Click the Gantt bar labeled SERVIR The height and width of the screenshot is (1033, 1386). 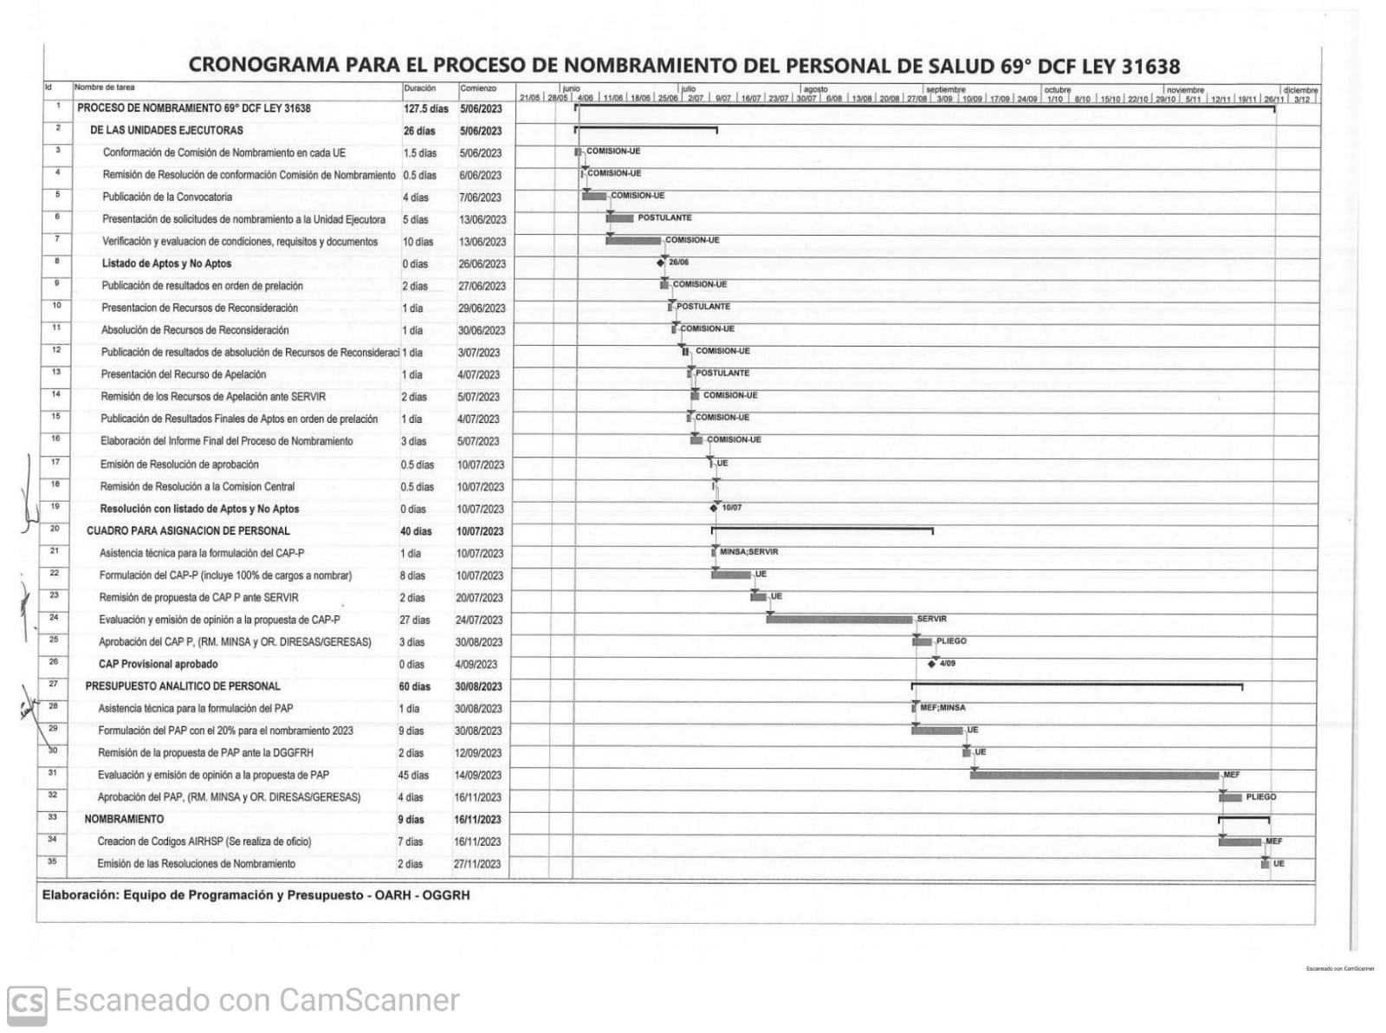pyautogui.click(x=839, y=620)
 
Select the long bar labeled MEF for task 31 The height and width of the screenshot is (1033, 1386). pyautogui.click(x=1094, y=775)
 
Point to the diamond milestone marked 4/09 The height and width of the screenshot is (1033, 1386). pyautogui.click(x=932, y=664)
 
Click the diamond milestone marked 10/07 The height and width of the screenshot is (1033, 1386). pyautogui.click(x=714, y=508)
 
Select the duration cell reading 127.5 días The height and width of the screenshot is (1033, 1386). pyautogui.click(x=426, y=109)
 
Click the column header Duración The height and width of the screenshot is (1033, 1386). pyautogui.click(x=420, y=88)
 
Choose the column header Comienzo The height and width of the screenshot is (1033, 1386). pyautogui.click(x=479, y=88)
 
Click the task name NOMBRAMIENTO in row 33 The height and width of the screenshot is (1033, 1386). pyautogui.click(x=124, y=819)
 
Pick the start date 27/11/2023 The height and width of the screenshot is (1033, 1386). pyautogui.click(x=477, y=864)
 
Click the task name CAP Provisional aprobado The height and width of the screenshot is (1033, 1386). pyautogui.click(x=159, y=665)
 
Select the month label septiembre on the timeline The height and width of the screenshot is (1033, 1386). pyautogui.click(x=946, y=89)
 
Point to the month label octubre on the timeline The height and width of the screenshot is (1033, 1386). pyautogui.click(x=1058, y=89)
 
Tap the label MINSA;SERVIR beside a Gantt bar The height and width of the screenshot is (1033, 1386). pyautogui.click(x=748, y=552)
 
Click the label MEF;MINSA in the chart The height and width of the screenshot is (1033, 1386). pyautogui.click(x=942, y=708)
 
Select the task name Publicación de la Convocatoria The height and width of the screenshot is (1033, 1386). pyautogui.click(x=167, y=197)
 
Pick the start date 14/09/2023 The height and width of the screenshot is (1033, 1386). pyautogui.click(x=478, y=776)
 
